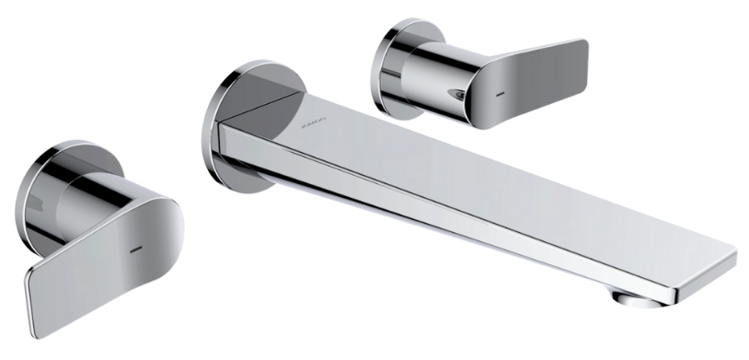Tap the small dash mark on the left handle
(x=134, y=249)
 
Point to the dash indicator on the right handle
(x=500, y=93)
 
